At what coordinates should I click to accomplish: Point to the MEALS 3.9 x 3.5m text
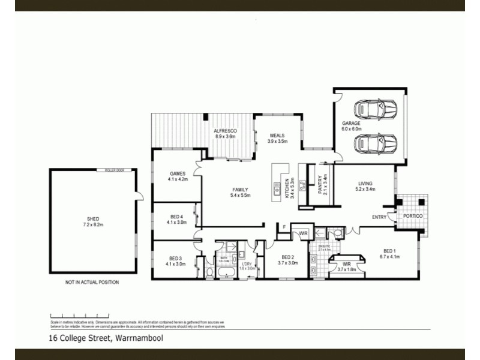(x=277, y=139)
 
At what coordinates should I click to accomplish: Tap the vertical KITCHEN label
(x=289, y=188)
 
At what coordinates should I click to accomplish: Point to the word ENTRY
(x=379, y=217)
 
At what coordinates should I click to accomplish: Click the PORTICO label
(x=413, y=215)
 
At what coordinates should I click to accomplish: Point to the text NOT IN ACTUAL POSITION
(x=92, y=282)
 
